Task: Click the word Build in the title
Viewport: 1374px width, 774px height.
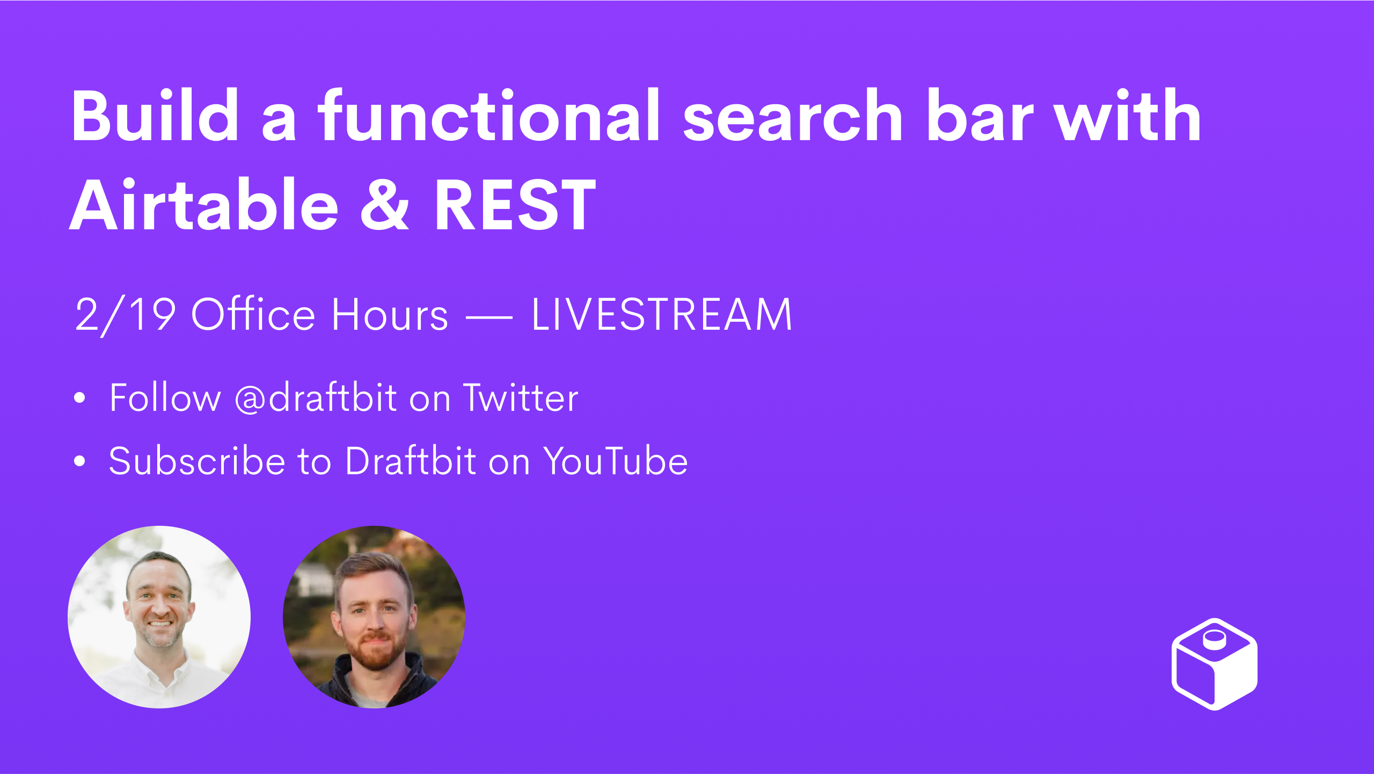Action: coord(155,115)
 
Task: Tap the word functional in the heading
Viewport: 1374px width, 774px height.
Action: coord(489,115)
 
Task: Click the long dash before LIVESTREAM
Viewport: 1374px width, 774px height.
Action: coord(489,317)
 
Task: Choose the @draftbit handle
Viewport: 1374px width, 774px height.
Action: coord(316,398)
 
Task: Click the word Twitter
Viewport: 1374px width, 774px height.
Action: coord(521,398)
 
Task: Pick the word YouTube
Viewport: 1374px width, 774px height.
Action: coord(615,461)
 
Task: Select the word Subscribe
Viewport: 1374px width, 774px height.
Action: coord(197,461)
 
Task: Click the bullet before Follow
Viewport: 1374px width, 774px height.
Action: coord(80,398)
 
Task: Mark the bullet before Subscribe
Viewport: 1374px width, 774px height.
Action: coord(80,461)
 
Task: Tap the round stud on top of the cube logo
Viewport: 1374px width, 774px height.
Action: coord(1215,639)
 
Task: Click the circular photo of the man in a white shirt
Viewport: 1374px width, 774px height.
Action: coord(159,617)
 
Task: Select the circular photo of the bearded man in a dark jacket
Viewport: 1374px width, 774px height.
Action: coord(374,617)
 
